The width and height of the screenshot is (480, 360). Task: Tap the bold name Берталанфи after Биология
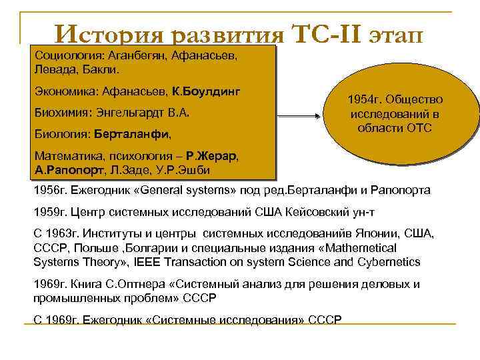pyautogui.click(x=131, y=134)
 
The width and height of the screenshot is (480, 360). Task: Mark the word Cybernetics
pyautogui.click(x=387, y=261)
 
